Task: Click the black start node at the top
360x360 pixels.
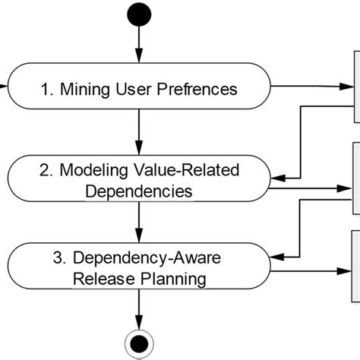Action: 139,14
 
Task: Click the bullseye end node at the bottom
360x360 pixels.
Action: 139,346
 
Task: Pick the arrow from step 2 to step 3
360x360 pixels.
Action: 139,223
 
